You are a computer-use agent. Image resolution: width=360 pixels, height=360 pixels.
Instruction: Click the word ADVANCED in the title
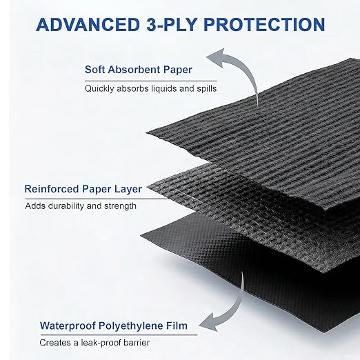pyautogui.click(x=88, y=24)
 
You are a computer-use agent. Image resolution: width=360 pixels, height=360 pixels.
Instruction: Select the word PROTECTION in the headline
pyautogui.click(x=264, y=24)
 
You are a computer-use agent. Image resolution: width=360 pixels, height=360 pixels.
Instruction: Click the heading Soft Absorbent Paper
pyautogui.click(x=139, y=70)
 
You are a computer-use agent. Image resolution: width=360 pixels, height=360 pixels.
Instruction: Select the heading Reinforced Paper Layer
pyautogui.click(x=83, y=189)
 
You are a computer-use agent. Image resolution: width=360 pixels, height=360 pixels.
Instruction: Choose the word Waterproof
pyautogui.click(x=68, y=326)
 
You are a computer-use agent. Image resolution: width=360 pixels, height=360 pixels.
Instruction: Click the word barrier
pyautogui.click(x=137, y=343)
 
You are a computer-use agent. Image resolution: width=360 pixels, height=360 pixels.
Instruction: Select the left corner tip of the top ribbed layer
pyautogui.click(x=147, y=132)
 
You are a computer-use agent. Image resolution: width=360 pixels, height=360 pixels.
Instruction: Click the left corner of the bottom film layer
pyautogui.click(x=141, y=235)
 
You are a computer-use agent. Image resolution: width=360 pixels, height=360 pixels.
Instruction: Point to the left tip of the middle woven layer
pyautogui.click(x=148, y=187)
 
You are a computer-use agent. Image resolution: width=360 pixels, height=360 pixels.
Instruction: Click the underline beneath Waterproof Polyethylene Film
pyautogui.click(x=119, y=334)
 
